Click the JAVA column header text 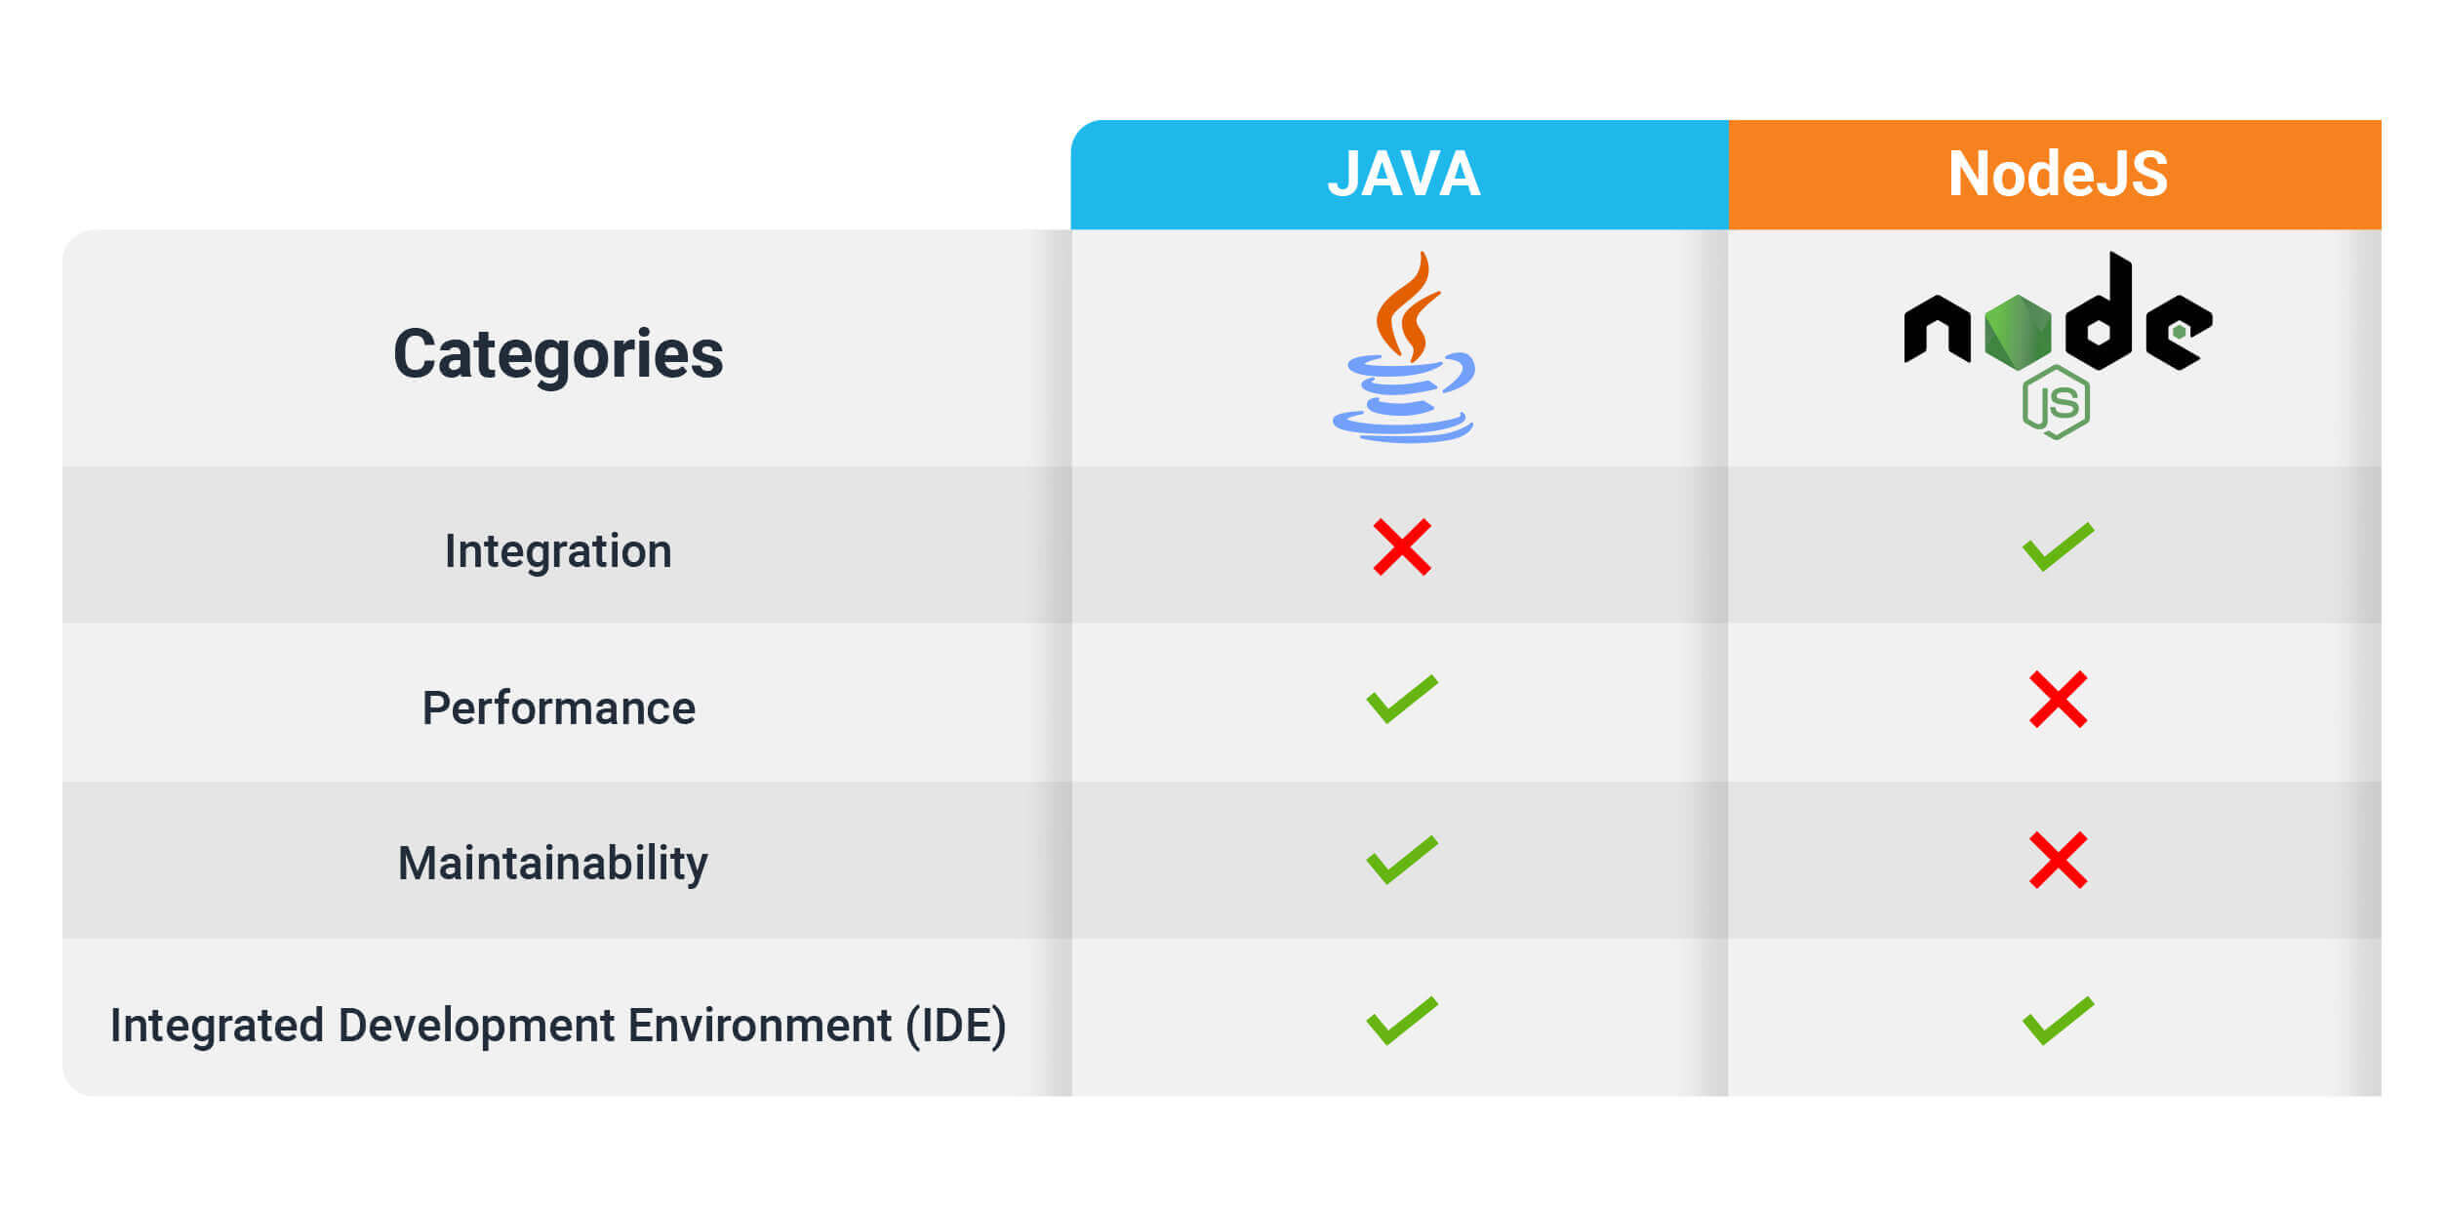tap(1403, 174)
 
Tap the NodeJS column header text tap(2058, 174)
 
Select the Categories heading tap(558, 353)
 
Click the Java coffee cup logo tap(1403, 347)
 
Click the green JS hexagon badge tap(2056, 402)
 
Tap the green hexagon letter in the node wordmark tap(2018, 332)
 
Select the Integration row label tap(558, 551)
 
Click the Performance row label tap(558, 708)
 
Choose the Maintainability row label tap(553, 865)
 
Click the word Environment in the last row tap(760, 1026)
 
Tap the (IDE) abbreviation tap(956, 1027)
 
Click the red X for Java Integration tap(1402, 547)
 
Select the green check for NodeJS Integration tap(2058, 546)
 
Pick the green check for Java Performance tap(1402, 699)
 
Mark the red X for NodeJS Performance tap(2058, 700)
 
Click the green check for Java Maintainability tap(1402, 860)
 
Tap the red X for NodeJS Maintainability tap(2058, 860)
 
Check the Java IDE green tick tap(1402, 1021)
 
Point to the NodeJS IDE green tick tap(2058, 1021)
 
